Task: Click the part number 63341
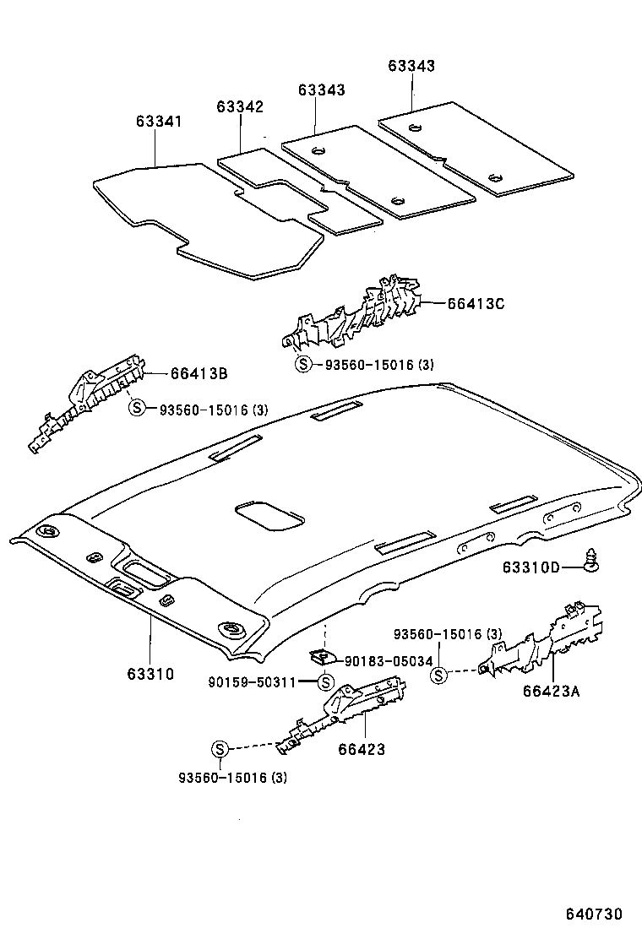(158, 122)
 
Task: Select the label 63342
(240, 106)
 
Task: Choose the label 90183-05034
(391, 661)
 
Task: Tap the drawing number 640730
(594, 914)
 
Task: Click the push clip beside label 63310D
(592, 559)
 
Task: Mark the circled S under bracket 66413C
(303, 365)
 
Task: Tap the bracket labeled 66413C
(355, 317)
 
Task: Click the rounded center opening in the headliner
(270, 514)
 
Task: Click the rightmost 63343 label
(412, 65)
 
